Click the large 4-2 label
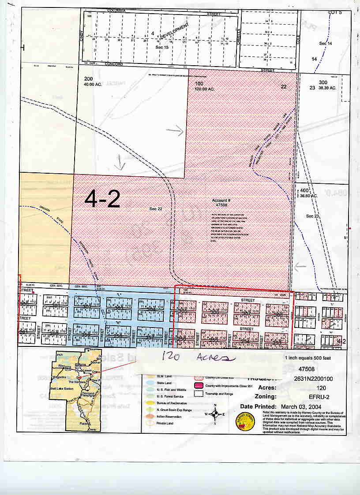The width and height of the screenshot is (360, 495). pyautogui.click(x=102, y=200)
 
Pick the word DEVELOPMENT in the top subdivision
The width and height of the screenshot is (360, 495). pyautogui.click(x=174, y=30)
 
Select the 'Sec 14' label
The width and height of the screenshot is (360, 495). pyautogui.click(x=325, y=44)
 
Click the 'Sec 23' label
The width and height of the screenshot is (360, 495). pyautogui.click(x=312, y=216)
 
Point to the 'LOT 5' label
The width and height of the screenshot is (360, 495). pyautogui.click(x=335, y=12)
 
